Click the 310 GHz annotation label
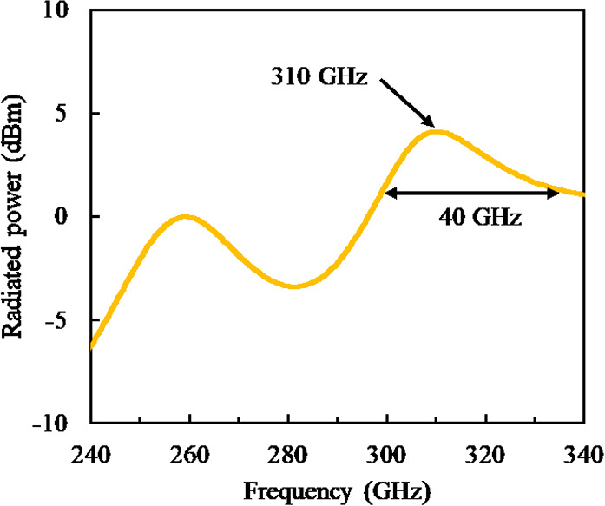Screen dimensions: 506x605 319,78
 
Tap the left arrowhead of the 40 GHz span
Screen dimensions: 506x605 389,193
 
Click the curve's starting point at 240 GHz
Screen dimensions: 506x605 89,347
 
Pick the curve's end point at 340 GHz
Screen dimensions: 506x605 583,194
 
